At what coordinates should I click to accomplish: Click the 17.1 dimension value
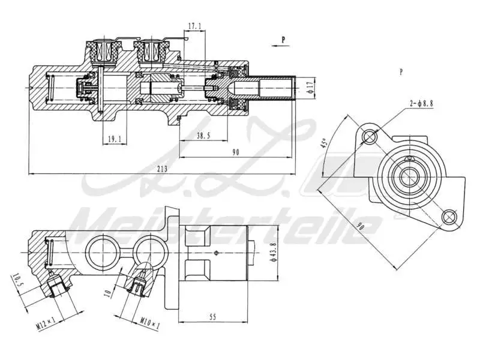[194, 26]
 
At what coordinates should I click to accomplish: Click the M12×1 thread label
[46, 325]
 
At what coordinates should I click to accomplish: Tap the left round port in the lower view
[99, 248]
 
